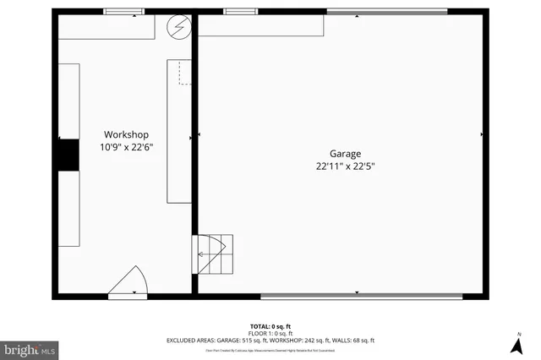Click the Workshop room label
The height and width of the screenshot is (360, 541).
[126, 134]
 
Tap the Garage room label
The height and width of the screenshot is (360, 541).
[345, 154]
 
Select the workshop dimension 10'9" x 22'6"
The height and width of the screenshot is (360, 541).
[126, 147]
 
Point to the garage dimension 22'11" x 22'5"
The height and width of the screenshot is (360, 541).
[345, 166]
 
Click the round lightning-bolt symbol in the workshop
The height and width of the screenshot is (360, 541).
[178, 25]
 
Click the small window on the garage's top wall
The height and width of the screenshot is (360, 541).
[241, 12]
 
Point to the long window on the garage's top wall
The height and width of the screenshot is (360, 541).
[387, 12]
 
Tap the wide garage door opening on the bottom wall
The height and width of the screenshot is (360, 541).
[361, 296]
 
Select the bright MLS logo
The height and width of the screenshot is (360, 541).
[30, 348]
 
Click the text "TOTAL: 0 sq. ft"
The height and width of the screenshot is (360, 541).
[270, 326]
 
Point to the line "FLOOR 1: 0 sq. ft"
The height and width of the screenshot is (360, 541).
[270, 333]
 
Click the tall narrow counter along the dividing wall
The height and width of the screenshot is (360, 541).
[179, 131]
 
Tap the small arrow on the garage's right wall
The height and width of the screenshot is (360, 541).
[481, 134]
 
